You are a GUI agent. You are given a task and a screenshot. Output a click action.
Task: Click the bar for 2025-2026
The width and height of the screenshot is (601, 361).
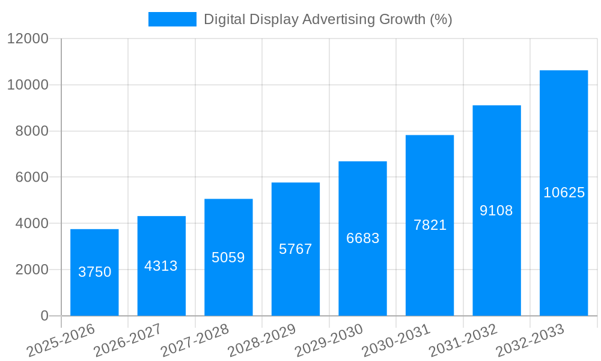click(94, 273)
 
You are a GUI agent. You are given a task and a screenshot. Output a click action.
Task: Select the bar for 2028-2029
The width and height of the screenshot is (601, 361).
click(296, 249)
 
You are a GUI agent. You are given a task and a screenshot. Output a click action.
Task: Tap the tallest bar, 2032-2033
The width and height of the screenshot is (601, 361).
click(564, 193)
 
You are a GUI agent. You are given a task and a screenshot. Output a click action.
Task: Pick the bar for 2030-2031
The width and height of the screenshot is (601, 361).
click(430, 225)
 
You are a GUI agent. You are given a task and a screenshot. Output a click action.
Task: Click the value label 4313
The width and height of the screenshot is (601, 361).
click(161, 266)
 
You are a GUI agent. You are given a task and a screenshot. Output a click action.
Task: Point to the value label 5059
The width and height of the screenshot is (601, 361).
click(228, 258)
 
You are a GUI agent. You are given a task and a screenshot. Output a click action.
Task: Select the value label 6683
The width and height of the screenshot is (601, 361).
click(362, 238)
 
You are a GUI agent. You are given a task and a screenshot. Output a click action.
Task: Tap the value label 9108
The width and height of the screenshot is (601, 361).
click(496, 211)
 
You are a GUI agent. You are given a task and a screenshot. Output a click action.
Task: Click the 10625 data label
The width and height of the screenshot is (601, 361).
click(564, 193)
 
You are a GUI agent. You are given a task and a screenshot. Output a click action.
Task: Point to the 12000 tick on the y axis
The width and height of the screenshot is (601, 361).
click(28, 39)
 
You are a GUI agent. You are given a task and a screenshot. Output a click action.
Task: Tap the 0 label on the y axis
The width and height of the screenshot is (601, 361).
click(44, 316)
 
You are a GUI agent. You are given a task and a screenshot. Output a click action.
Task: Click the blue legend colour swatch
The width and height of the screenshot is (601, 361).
click(172, 19)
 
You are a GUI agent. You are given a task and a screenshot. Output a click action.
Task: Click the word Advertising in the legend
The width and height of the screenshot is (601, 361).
click(338, 19)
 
